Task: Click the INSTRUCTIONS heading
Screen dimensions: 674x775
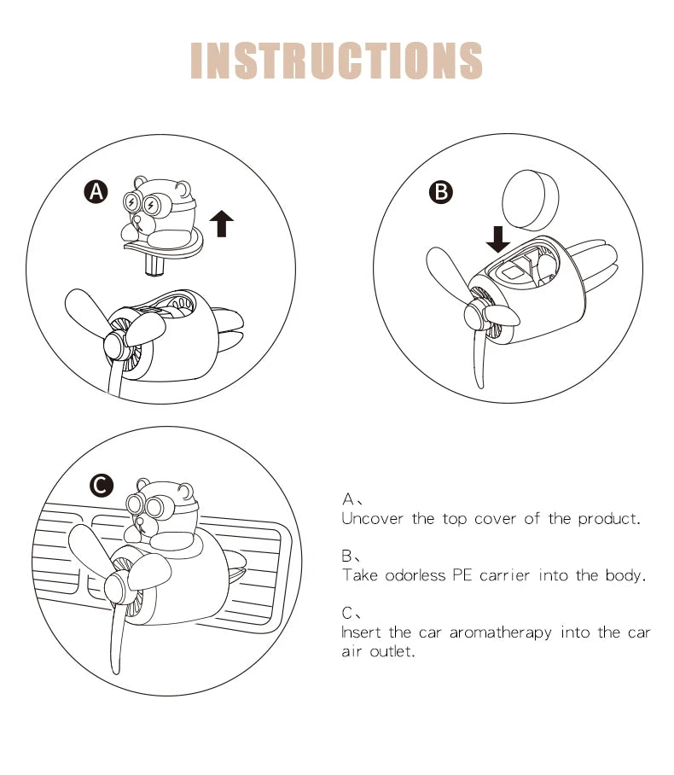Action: [x=336, y=61]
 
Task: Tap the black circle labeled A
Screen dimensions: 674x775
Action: [x=96, y=192]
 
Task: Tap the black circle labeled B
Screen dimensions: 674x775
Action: [x=441, y=192]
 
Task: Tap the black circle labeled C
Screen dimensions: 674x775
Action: [x=102, y=486]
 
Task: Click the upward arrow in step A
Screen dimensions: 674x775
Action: [x=221, y=224]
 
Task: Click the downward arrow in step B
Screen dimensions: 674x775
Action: [x=498, y=240]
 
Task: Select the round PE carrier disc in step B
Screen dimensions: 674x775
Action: [x=530, y=200]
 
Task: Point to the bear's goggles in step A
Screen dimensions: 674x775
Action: [x=142, y=202]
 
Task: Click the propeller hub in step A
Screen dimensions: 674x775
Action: [x=117, y=345]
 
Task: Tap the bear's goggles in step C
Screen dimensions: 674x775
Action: [x=144, y=505]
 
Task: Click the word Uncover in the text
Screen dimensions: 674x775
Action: [x=372, y=518]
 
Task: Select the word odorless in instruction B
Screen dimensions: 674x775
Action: [x=415, y=575]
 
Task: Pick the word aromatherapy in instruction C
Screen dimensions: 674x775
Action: [x=500, y=633]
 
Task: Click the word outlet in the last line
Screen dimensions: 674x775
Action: [x=392, y=651]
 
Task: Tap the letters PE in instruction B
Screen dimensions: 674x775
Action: [x=462, y=575]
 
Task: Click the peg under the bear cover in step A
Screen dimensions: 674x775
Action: [x=154, y=266]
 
